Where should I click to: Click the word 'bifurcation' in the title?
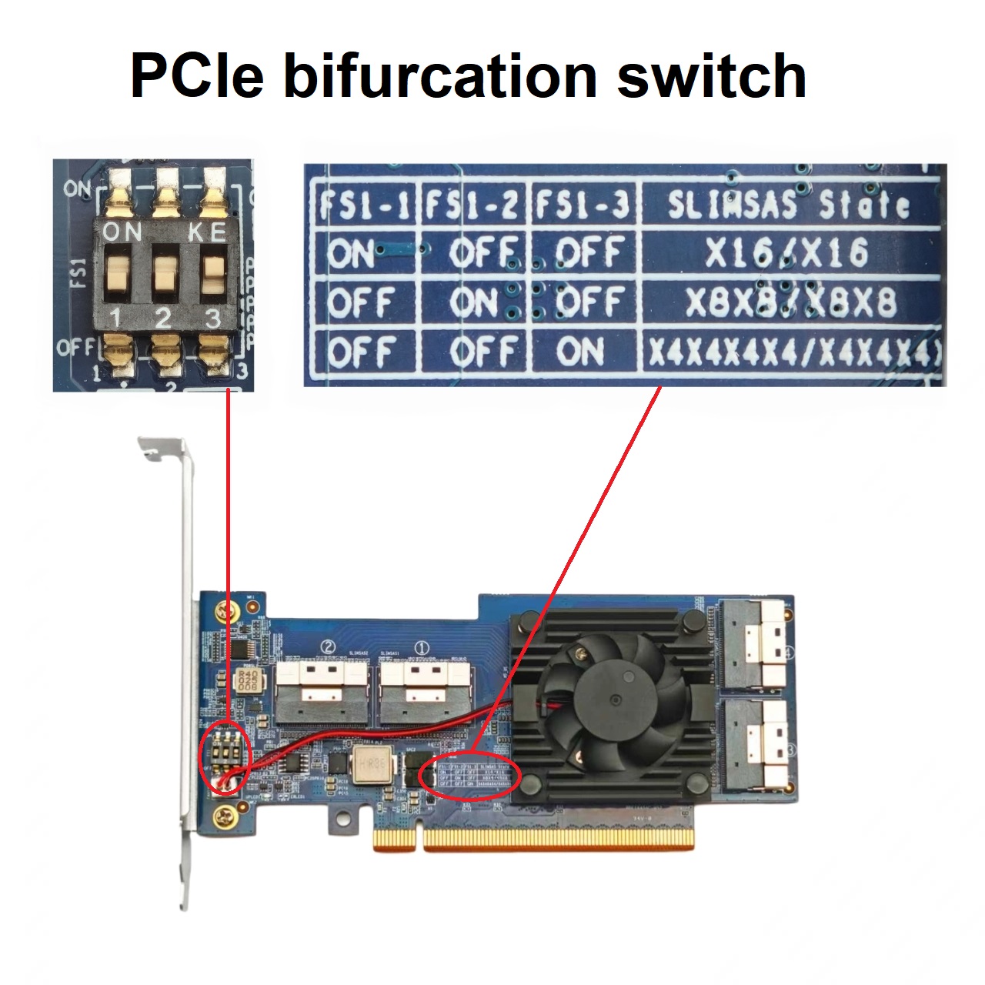click(440, 77)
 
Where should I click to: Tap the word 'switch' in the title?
click(711, 77)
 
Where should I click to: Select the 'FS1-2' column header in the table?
click(472, 205)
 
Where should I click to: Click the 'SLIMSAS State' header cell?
click(788, 205)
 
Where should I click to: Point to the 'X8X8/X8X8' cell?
click(790, 302)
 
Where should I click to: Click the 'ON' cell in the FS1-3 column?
click(580, 352)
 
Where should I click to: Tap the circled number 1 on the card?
click(422, 648)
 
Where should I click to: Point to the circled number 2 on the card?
click(329, 648)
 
